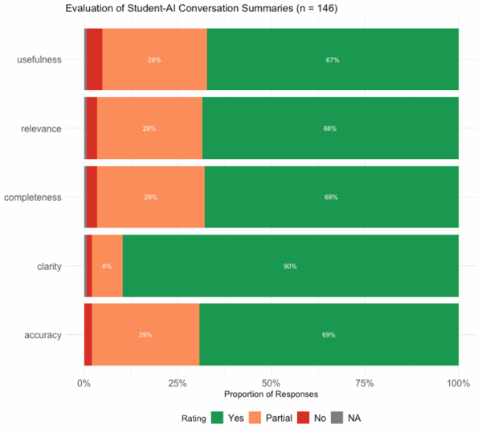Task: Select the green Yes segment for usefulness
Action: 333,59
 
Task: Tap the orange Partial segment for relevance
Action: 149,129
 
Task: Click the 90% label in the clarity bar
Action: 290,266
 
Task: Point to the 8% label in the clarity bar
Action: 107,266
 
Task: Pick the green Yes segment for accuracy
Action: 329,334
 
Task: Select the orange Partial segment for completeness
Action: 151,197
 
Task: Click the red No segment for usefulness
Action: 95,59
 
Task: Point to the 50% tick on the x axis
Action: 272,383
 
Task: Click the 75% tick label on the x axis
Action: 365,383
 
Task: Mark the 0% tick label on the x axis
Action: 84,383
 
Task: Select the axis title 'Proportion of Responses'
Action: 272,395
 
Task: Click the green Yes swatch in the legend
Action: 217,418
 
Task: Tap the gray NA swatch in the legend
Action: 337,418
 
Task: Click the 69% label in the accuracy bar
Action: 329,334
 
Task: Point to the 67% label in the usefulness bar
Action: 333,59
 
